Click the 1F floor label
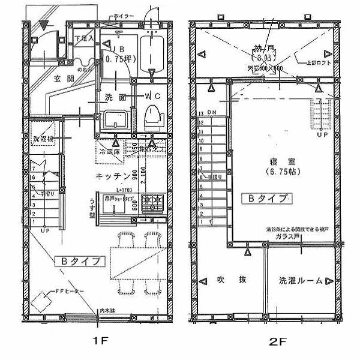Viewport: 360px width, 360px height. click(99, 340)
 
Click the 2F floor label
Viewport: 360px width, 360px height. click(275, 340)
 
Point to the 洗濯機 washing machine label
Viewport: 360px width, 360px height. click(43, 138)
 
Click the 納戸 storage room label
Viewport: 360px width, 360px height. click(260, 50)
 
